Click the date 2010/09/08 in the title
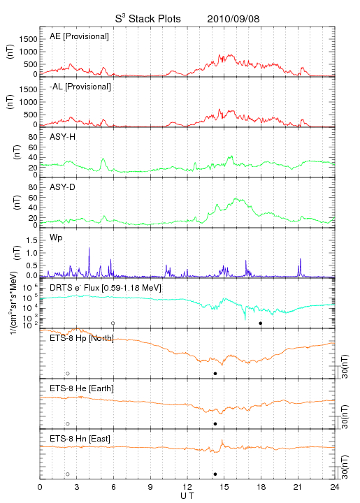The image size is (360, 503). coord(233,19)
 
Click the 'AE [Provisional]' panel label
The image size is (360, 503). coord(79,36)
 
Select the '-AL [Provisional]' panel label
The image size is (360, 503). coord(80,87)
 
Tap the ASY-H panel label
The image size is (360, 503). coord(63,137)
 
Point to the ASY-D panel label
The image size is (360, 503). coord(63,187)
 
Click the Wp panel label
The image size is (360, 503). coord(56,238)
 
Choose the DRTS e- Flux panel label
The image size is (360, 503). coord(106,288)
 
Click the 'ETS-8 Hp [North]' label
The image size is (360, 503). coord(82,338)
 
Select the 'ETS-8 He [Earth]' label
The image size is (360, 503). coord(82,388)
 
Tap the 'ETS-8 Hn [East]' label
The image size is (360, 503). coord(80,439)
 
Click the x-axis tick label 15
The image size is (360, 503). coord(224,487)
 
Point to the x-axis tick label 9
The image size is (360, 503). coord(150,487)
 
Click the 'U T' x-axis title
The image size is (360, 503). coord(187,496)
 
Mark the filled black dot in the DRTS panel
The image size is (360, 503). coord(261,323)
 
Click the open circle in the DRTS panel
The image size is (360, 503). coord(113,323)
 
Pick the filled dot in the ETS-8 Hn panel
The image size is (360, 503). coord(215,474)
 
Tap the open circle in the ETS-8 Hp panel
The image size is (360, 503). coord(68,374)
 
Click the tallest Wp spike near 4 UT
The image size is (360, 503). coord(89,247)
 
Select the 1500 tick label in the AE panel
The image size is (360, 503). coord(28,39)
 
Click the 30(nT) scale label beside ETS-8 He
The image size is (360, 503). coord(345,416)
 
